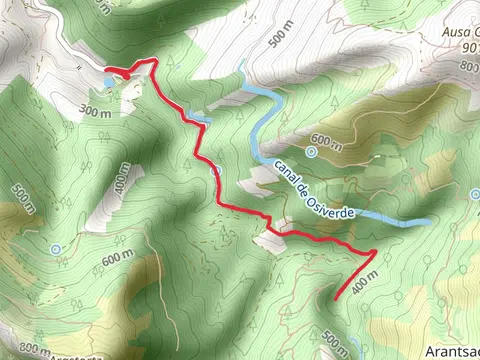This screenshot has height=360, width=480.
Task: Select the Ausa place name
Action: click(x=455, y=33)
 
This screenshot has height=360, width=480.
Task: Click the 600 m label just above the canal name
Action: click(x=328, y=140)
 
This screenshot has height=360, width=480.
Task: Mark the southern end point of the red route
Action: click(x=331, y=299)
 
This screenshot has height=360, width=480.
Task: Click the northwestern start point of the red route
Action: click(x=107, y=69)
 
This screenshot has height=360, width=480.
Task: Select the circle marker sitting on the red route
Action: click(x=215, y=170)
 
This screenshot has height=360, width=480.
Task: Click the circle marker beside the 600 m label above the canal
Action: click(x=311, y=152)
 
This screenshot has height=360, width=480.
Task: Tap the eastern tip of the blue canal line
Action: click(x=430, y=222)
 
